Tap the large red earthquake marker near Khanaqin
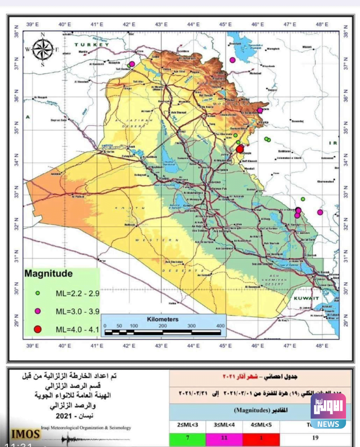tap(239, 149)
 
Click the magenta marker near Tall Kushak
tap(132, 64)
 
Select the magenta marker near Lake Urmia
tap(232, 60)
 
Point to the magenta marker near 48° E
tap(320, 212)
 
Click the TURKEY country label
tap(91, 45)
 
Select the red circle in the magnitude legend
tap(38, 328)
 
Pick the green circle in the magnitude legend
tap(38, 293)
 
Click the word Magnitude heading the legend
tap(48, 275)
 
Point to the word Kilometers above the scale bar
tap(163, 319)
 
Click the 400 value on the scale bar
tap(220, 326)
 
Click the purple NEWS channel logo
tap(328, 411)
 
